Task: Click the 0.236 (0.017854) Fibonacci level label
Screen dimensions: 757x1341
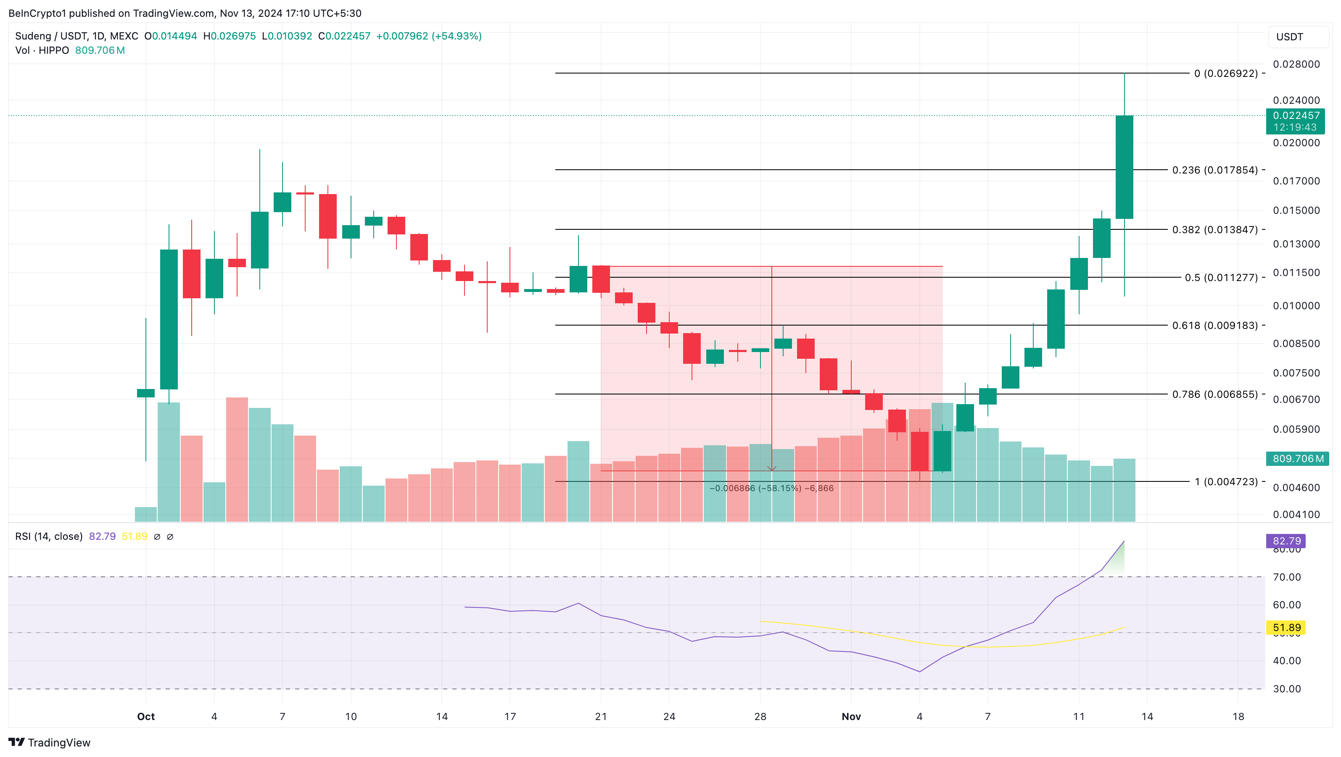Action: pos(1214,170)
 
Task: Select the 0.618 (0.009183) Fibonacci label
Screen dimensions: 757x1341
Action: pos(1214,325)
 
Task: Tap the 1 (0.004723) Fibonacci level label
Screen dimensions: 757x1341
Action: pos(1226,482)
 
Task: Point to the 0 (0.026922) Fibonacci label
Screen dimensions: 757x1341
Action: pos(1226,74)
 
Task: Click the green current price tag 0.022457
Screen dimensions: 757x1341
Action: pos(1296,116)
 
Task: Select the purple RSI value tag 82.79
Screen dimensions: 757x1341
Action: pos(1286,541)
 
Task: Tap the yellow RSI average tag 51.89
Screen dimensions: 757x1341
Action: pos(1286,628)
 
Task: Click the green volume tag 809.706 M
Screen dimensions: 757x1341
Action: pos(1298,458)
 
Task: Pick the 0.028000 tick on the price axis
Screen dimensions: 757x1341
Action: pos(1296,64)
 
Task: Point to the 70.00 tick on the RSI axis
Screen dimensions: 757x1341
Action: pos(1286,577)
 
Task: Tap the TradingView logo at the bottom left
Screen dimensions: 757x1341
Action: pos(50,742)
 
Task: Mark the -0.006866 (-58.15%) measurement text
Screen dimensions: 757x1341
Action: pos(771,488)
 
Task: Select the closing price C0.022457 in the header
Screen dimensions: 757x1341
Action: pos(345,36)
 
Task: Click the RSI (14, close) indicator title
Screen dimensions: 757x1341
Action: pos(49,536)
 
